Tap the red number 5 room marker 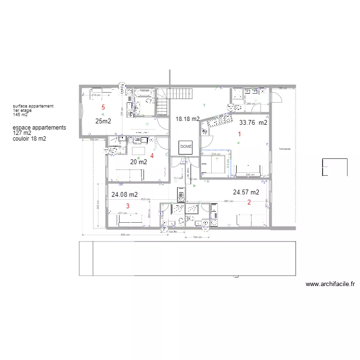tap(102, 107)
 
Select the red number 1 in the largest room tap(240, 134)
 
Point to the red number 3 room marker tap(127, 205)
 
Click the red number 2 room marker tap(249, 202)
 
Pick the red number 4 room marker tap(152, 156)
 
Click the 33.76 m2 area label tap(253, 123)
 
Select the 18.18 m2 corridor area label tap(187, 119)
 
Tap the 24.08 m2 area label tap(124, 195)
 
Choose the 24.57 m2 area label tap(246, 192)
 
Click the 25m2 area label tap(103, 121)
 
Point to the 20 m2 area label tap(139, 162)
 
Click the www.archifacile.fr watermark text tap(330, 284)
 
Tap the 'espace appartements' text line tap(39, 128)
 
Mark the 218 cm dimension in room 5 tap(96, 95)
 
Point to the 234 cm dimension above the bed tap(216, 154)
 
